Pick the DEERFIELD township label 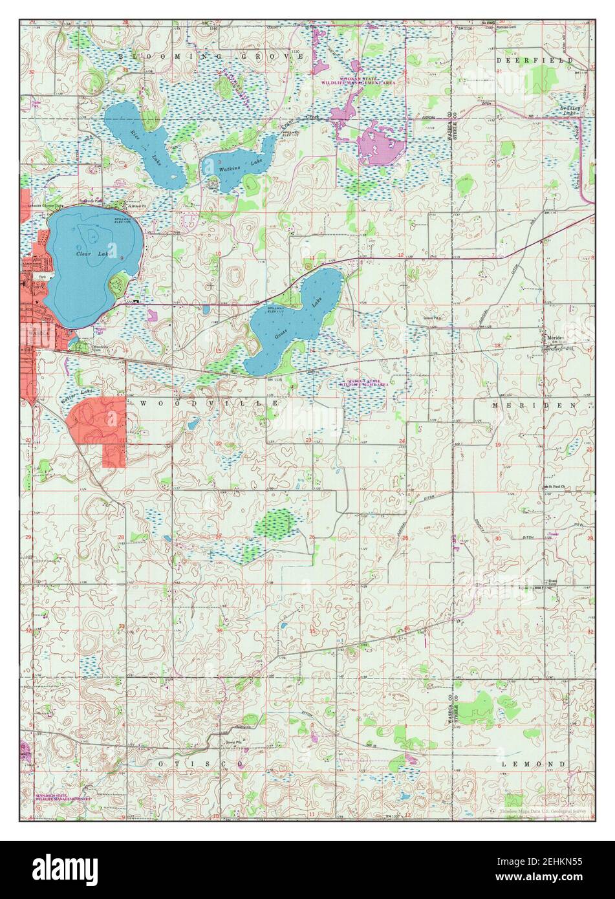pos(534,60)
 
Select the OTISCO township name pos(201,764)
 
